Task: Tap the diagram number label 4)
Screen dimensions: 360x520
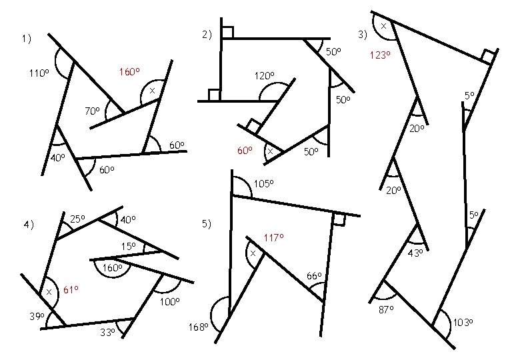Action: coord(27,225)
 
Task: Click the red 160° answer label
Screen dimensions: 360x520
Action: coord(129,72)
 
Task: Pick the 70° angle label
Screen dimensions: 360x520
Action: coord(92,111)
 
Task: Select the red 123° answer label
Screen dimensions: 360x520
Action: coord(379,56)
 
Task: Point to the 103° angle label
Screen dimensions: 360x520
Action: coord(463,323)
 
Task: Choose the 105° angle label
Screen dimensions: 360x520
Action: coord(265,184)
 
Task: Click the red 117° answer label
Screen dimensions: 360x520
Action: coord(274,237)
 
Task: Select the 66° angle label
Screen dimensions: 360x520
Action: coord(314,276)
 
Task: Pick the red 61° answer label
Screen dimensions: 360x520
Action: coord(71,289)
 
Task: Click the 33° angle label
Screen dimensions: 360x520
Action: coord(107,331)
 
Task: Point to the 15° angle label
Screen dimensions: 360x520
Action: coord(128,247)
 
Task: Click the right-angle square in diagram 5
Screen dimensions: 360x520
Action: coord(339,219)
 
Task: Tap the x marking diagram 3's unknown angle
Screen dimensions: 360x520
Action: coord(384,25)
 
